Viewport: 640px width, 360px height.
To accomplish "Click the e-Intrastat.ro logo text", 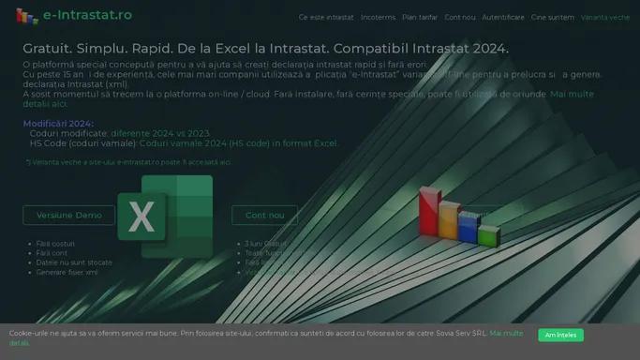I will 87,15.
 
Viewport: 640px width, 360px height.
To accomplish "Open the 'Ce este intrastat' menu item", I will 326,17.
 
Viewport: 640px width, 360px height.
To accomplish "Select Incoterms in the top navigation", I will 378,17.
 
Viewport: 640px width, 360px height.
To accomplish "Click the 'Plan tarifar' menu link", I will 420,17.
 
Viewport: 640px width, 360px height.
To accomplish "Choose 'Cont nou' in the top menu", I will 460,17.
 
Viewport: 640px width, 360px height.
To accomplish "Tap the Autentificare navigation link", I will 503,17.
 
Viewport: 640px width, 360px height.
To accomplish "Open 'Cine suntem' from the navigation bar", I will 553,17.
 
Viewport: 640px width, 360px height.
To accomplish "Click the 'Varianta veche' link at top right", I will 605,17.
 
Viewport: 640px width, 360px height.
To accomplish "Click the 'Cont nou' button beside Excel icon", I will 264,215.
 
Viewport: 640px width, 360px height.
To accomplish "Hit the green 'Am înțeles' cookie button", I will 560,335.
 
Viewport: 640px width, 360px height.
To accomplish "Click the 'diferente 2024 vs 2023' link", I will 160,134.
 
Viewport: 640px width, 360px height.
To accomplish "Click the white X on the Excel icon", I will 141,217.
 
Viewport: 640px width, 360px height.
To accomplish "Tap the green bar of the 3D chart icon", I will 488,235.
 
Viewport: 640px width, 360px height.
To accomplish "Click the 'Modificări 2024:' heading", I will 58,124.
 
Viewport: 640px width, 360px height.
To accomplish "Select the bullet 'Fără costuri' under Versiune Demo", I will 55,244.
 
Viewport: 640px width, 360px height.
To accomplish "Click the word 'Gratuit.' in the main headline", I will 49,48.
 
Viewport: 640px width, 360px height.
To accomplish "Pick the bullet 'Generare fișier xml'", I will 67,273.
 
